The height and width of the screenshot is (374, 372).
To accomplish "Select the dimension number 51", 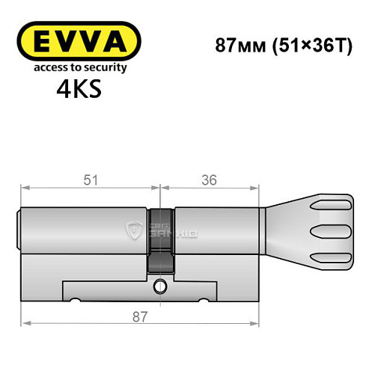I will [x=89, y=180].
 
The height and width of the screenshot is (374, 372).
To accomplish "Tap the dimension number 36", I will [x=209, y=180].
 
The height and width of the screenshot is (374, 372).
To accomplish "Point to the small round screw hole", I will [x=160, y=286].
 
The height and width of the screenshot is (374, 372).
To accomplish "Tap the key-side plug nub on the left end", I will [x=19, y=228].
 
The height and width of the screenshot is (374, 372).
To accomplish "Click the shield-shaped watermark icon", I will [x=136, y=232].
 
